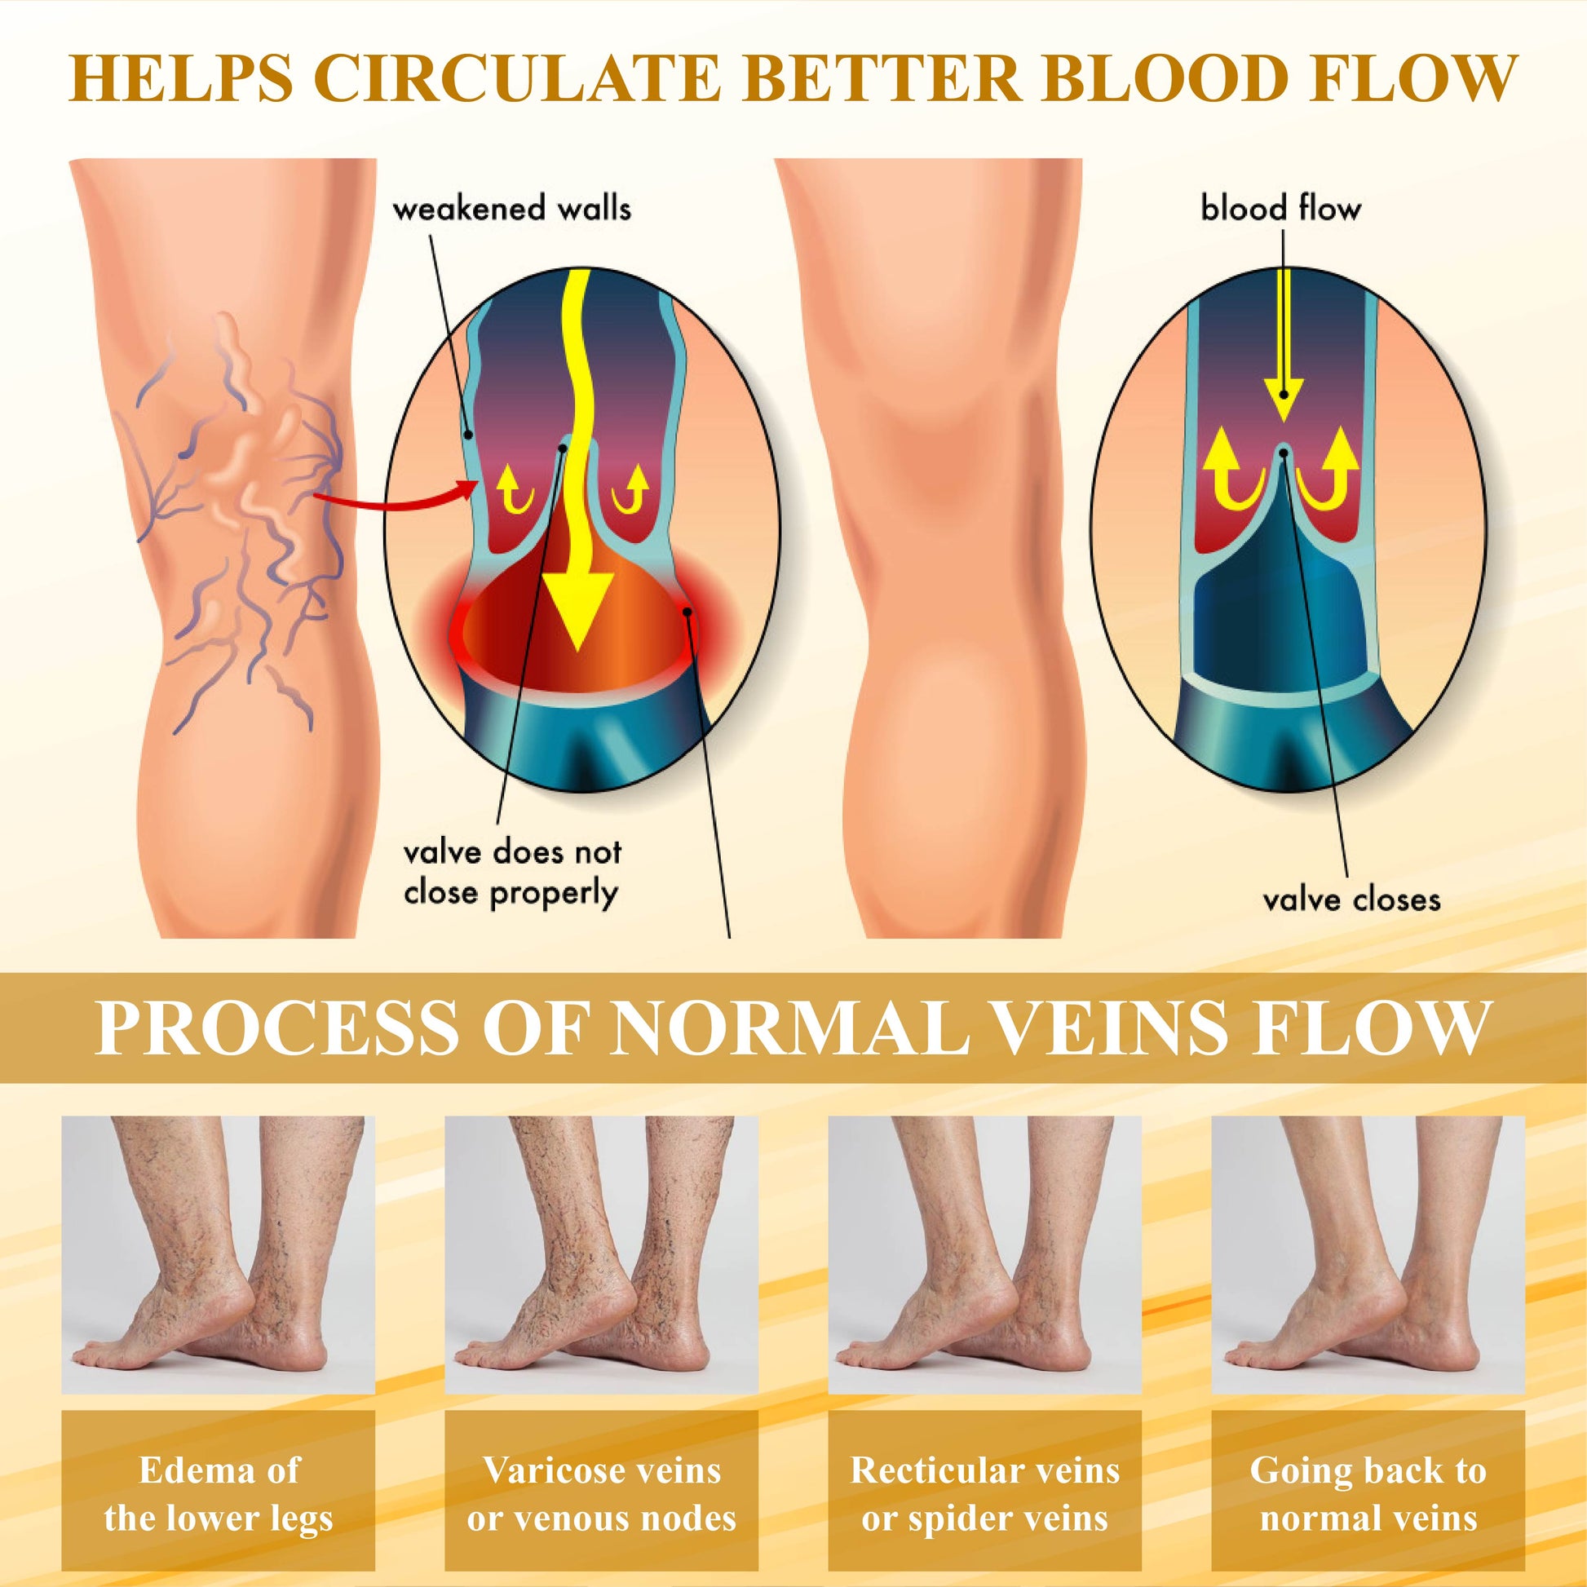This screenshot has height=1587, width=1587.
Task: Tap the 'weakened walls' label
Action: [512, 208]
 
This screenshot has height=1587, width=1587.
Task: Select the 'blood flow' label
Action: [1280, 208]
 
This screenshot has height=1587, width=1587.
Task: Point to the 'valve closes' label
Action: [1351, 900]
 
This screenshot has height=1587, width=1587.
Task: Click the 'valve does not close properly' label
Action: [512, 873]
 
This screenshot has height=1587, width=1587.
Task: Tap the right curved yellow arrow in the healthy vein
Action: [1328, 480]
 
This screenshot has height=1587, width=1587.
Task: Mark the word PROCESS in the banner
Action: [277, 1028]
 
